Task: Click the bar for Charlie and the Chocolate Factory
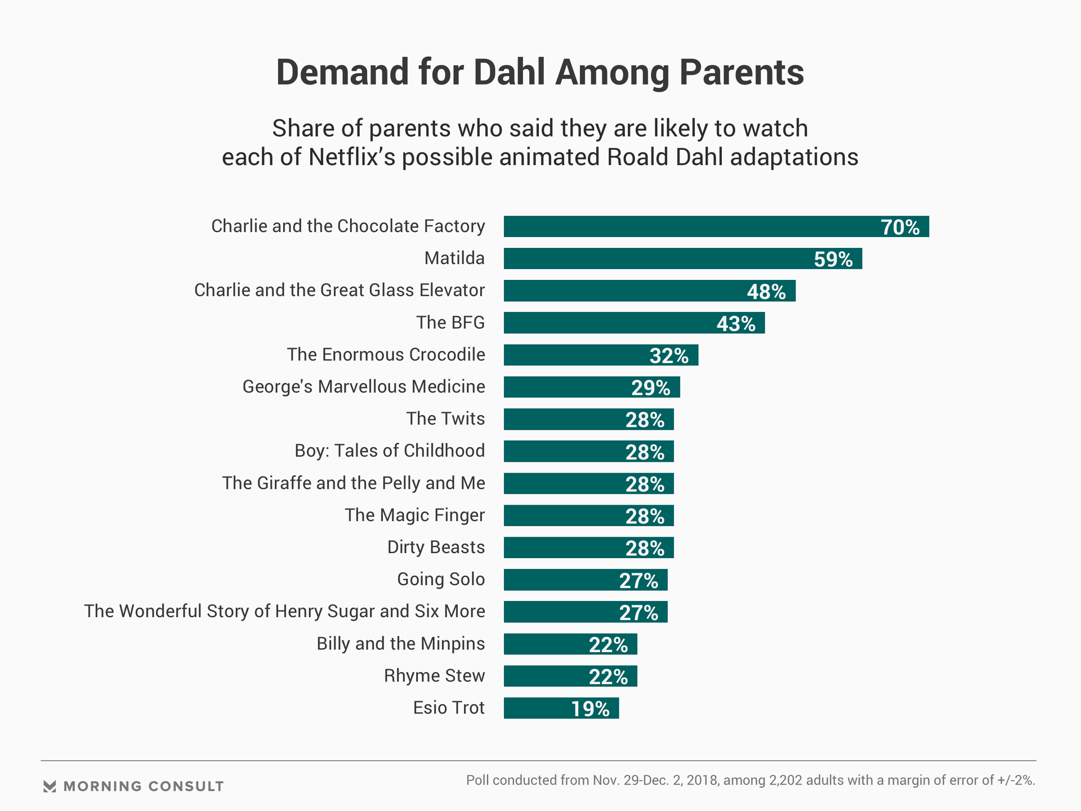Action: click(x=716, y=226)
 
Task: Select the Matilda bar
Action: click(x=682, y=259)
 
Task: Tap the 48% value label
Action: click(x=766, y=291)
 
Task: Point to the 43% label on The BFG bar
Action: click(x=736, y=323)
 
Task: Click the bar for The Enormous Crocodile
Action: click(x=601, y=355)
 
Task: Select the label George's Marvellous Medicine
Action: click(x=364, y=387)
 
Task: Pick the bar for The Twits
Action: click(x=588, y=420)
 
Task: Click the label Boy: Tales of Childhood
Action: click(x=390, y=451)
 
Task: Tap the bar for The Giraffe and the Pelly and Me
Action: click(x=588, y=484)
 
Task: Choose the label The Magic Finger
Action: click(x=414, y=515)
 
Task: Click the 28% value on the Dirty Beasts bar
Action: click(x=645, y=548)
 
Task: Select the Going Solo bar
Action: click(x=586, y=580)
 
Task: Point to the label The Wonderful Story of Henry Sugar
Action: click(x=284, y=612)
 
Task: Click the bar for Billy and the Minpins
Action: click(x=570, y=644)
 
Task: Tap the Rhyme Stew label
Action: click(x=434, y=676)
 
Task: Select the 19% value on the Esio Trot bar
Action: click(x=590, y=709)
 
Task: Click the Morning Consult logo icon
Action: click(x=50, y=787)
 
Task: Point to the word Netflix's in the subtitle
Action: click(x=351, y=157)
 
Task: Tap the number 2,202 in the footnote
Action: click(x=783, y=781)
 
